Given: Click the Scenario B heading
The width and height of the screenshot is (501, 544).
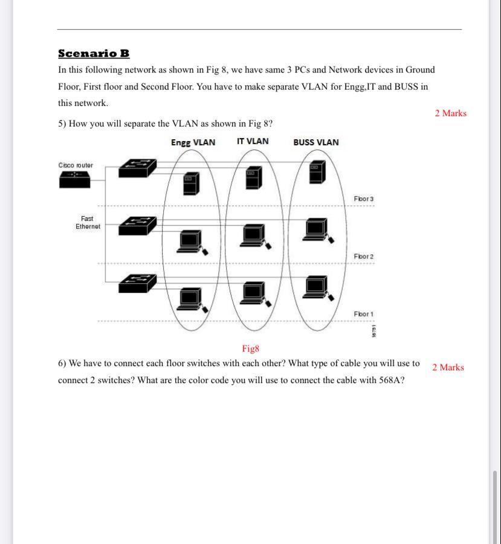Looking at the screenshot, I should click(x=94, y=53).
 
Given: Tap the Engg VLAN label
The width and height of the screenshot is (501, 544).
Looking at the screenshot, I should click(x=193, y=143).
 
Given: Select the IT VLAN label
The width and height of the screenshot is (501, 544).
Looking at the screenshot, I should click(x=253, y=142).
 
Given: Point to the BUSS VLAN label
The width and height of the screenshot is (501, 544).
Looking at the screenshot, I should click(x=316, y=143).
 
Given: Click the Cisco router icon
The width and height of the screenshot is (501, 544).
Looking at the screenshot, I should click(x=74, y=179).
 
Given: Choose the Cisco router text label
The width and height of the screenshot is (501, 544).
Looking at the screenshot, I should click(x=76, y=165).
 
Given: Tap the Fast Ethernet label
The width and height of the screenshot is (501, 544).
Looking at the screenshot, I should click(x=88, y=223).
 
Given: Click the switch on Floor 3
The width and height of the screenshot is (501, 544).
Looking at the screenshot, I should click(x=137, y=168).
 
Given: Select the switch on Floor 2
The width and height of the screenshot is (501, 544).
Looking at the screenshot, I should click(x=137, y=226).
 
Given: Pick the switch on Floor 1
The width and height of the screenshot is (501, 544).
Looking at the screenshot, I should click(x=137, y=283).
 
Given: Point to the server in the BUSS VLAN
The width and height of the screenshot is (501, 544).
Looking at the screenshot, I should click(x=316, y=172).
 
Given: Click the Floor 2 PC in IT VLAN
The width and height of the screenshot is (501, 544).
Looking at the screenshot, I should click(x=253, y=235).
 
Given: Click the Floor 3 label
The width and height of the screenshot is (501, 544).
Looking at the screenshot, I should click(x=363, y=199).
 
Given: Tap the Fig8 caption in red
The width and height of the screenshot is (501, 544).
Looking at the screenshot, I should click(x=250, y=349).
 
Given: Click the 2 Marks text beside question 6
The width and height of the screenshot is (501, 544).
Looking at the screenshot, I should click(x=448, y=367).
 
